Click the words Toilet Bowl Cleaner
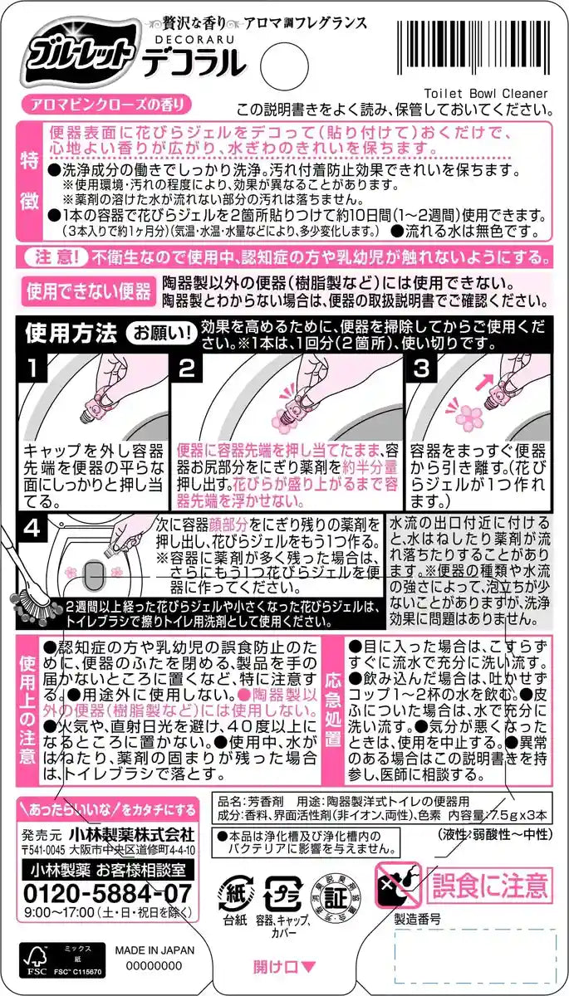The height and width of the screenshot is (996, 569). point(486,94)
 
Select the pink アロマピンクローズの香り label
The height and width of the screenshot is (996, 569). point(106,105)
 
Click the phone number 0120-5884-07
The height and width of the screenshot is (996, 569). point(108,893)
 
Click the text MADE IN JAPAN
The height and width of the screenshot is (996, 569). point(155,950)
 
